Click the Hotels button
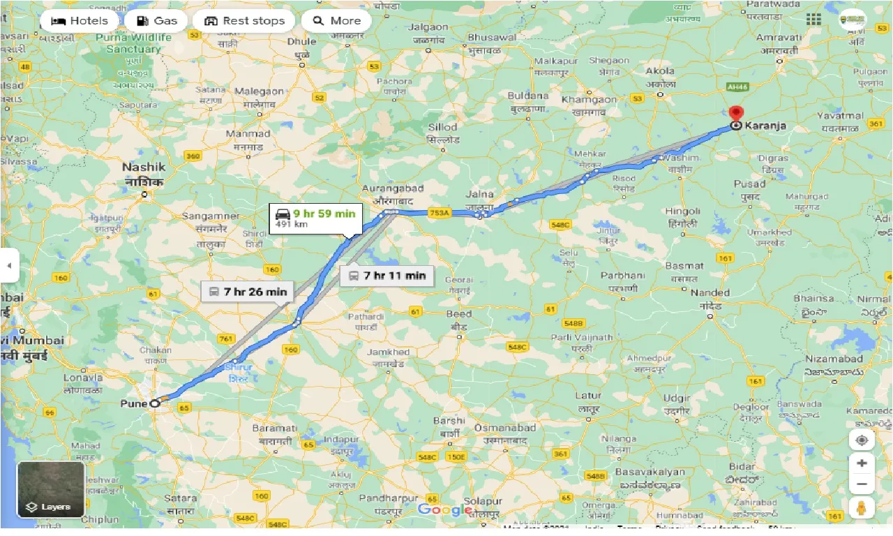tap(79, 21)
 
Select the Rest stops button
tap(244, 21)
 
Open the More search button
tap(337, 21)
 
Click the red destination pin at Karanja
tap(735, 114)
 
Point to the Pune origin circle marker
tap(154, 403)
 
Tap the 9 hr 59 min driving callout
tap(315, 218)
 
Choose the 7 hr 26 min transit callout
tap(248, 292)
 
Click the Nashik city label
tap(144, 167)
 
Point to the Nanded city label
tap(710, 293)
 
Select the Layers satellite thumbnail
tap(51, 489)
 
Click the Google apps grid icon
tap(813, 20)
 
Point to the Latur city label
tap(588, 396)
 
